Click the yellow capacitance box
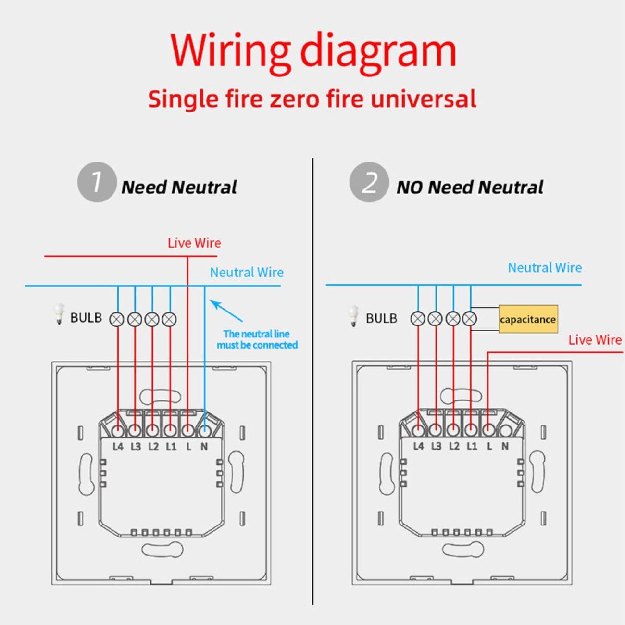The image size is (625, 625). pos(528,319)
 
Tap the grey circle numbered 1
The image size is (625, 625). pos(97,182)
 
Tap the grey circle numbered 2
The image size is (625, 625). pos(369,182)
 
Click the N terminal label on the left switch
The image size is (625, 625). pos(204,447)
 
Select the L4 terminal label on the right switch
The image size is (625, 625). pos(418,446)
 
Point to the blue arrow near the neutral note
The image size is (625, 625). pos(226,311)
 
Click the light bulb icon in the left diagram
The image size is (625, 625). pos(59,313)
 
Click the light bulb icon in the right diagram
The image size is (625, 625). pos(353,315)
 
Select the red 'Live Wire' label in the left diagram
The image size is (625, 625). pos(194,243)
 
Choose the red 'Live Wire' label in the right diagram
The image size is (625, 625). pos(595,340)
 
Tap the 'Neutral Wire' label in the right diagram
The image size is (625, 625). pos(545,268)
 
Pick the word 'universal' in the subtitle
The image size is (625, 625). pos(424,99)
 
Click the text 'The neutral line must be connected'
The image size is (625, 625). pos(257,339)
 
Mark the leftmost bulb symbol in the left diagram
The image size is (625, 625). pos(117,320)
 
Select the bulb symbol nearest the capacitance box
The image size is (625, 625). pos(469,319)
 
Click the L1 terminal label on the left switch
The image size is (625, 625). pos(171,447)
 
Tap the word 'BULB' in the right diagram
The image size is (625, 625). pos(381,318)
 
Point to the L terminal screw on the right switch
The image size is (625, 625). pos(487,430)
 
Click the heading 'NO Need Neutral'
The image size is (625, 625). pos(470,187)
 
